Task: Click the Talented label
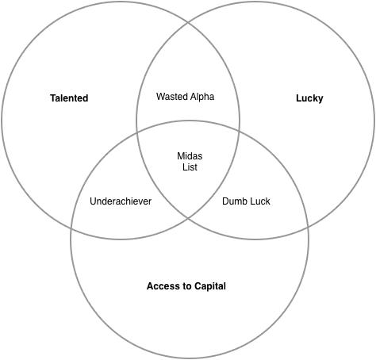click(69, 98)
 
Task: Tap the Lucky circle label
click(309, 98)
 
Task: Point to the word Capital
click(210, 286)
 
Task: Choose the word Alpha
click(201, 97)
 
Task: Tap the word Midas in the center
click(190, 156)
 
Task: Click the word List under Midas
click(190, 167)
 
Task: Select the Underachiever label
click(121, 201)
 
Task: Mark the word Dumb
click(233, 201)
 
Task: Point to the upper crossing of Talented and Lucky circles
click(188, 23)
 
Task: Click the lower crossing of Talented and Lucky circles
click(188, 218)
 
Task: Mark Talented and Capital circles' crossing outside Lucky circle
click(72, 228)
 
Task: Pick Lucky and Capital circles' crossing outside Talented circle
click(308, 228)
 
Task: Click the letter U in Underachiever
click(93, 201)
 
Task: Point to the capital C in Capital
click(198, 286)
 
